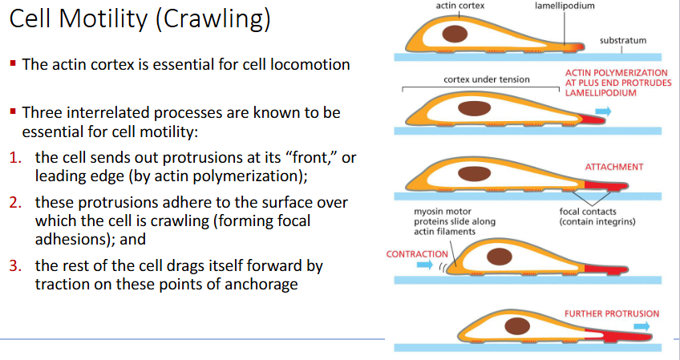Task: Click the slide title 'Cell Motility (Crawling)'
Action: pyautogui.click(x=140, y=21)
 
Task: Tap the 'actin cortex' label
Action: pyautogui.click(x=459, y=6)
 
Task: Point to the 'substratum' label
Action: pyautogui.click(x=623, y=40)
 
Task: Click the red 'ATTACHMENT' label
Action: pyautogui.click(x=615, y=167)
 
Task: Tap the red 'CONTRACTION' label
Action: pyautogui.click(x=417, y=253)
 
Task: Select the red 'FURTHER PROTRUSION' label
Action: pyautogui.click(x=612, y=313)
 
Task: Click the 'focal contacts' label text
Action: pyautogui.click(x=587, y=212)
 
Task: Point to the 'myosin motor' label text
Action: pyautogui.click(x=439, y=212)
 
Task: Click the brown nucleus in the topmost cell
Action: pyautogui.click(x=458, y=34)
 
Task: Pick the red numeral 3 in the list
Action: pyautogui.click(x=15, y=265)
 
